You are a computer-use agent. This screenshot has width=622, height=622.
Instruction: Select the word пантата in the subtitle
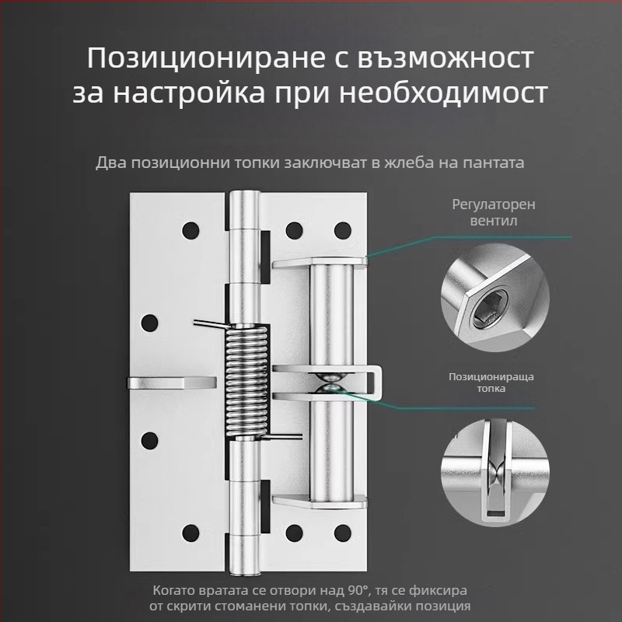pos(496,162)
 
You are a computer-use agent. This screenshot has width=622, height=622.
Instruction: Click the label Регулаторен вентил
pos(494,212)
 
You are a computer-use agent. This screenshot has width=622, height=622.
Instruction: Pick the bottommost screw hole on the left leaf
pos(189,533)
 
